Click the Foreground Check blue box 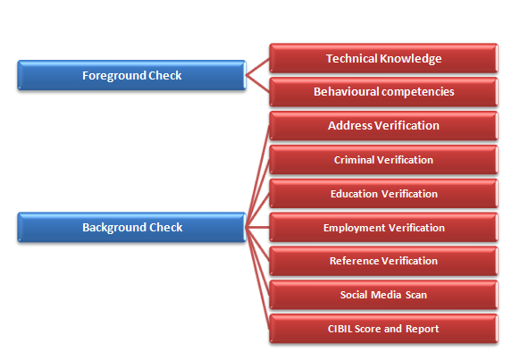131,75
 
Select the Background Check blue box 131,228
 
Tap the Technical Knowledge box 383,58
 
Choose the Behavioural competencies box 383,92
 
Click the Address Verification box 383,126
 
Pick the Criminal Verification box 383,160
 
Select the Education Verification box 383,194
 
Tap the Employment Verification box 383,228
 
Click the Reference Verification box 383,261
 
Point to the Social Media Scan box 383,295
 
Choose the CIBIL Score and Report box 383,329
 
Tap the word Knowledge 411,59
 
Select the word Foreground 113,76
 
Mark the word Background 114,228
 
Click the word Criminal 354,160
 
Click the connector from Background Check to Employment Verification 257,228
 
